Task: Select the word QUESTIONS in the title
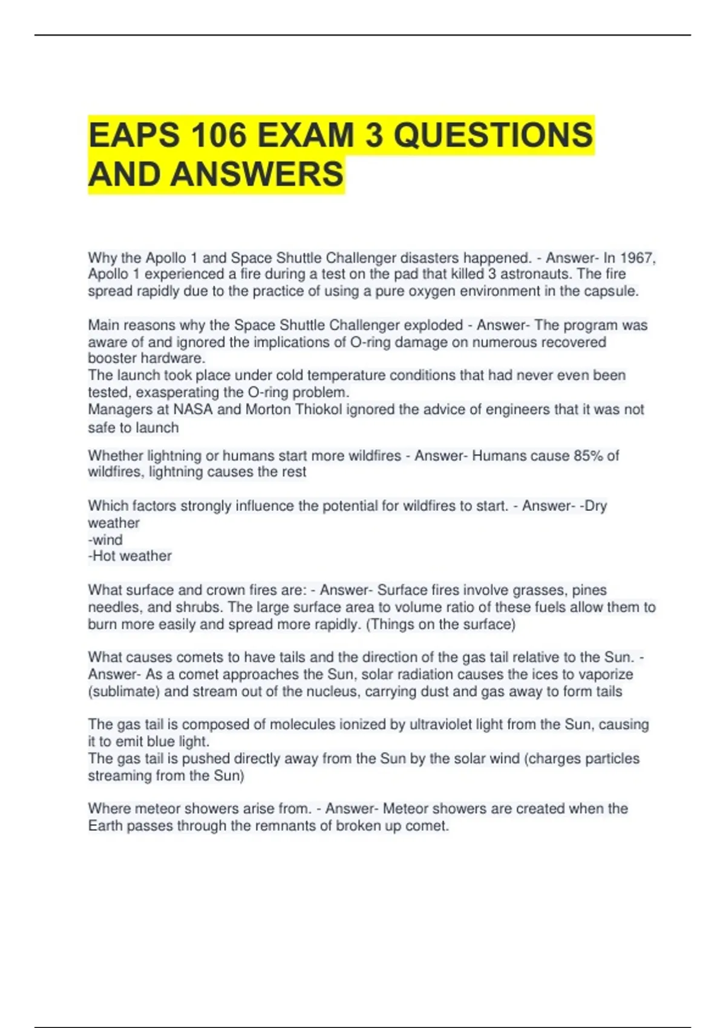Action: point(493,134)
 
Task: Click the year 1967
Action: point(637,258)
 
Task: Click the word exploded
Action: point(433,325)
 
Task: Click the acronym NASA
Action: point(193,409)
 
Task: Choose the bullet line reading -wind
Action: point(105,539)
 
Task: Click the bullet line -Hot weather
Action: point(130,556)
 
